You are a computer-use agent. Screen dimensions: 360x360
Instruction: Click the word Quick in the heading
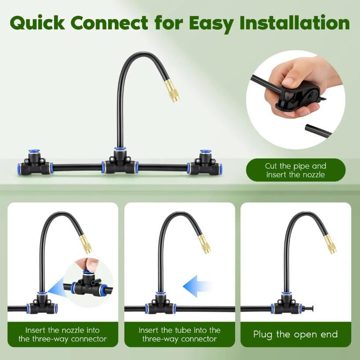37,23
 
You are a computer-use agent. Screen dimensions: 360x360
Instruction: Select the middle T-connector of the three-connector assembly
120,162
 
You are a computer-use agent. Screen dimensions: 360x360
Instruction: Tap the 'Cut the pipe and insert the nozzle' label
296,170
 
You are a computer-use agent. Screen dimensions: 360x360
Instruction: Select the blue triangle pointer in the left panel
56,287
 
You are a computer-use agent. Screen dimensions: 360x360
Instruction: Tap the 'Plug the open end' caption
295,334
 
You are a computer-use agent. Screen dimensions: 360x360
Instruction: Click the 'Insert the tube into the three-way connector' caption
179,334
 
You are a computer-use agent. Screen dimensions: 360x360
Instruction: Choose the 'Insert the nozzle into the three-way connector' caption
62,334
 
